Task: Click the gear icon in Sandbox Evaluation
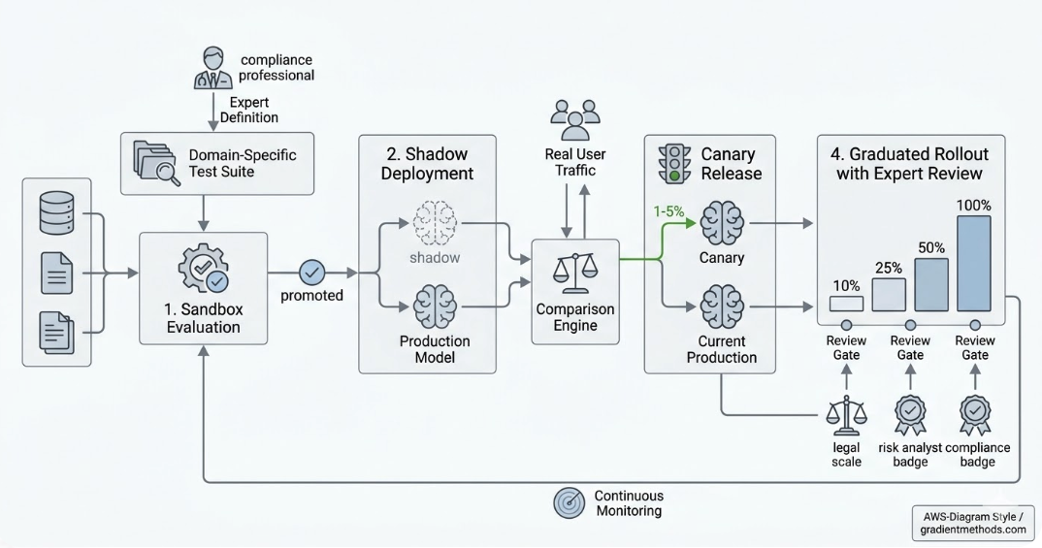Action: pyautogui.click(x=203, y=269)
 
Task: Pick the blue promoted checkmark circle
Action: pyautogui.click(x=312, y=272)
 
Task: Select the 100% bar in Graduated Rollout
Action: pyautogui.click(x=974, y=263)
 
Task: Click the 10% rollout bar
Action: pyautogui.click(x=846, y=303)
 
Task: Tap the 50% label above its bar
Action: pyautogui.click(x=931, y=247)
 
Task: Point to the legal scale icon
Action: pyautogui.click(x=846, y=415)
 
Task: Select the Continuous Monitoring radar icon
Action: pyautogui.click(x=569, y=502)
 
